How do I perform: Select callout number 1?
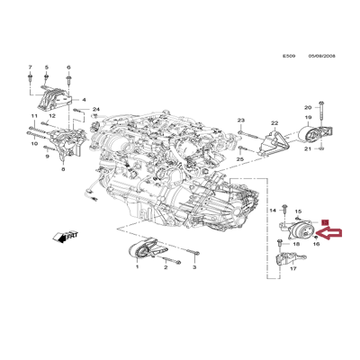click(138, 268)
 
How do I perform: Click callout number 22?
click(274, 123)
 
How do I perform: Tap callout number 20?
click(307, 107)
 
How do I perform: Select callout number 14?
click(274, 209)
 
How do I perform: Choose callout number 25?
click(240, 158)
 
